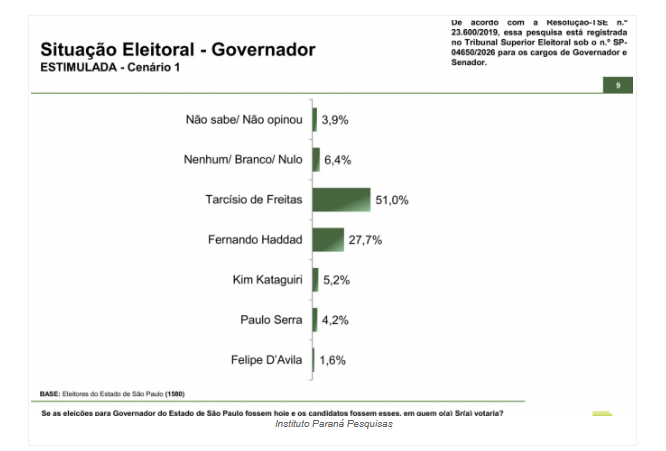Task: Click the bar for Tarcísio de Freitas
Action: (341, 200)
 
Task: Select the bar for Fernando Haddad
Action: (328, 240)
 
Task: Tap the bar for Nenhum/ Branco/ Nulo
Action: (316, 160)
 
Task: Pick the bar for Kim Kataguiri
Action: (315, 280)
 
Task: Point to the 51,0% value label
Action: (392, 200)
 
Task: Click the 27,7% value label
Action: (365, 240)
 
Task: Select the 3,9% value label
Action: (334, 120)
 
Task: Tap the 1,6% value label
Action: (332, 360)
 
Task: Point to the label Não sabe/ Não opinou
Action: (244, 120)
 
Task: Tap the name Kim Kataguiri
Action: (265, 280)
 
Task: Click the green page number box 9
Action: (618, 85)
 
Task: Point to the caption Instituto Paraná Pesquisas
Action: (333, 424)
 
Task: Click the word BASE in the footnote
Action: (49, 393)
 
